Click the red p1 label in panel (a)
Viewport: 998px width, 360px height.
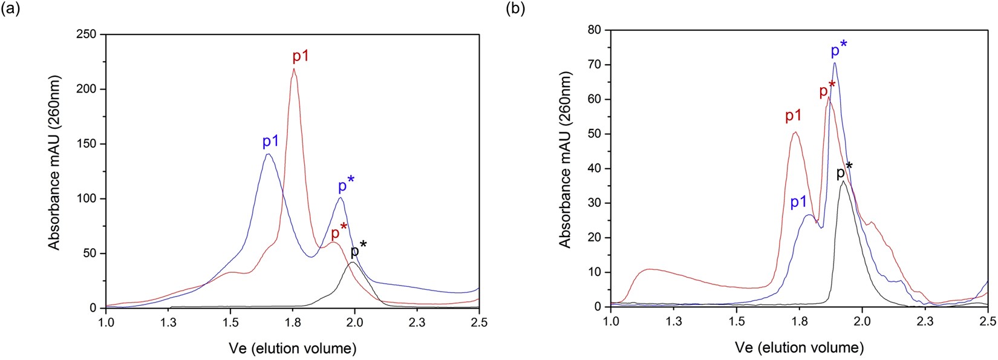tap(301, 57)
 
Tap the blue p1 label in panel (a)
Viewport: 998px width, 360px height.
tap(270, 142)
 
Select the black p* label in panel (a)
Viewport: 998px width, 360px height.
tap(358, 250)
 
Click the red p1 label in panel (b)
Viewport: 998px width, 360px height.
tap(793, 116)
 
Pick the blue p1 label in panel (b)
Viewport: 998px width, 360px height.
tap(798, 202)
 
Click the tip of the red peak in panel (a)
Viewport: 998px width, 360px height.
tap(294, 69)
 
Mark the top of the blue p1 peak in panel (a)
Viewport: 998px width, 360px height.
tap(268, 154)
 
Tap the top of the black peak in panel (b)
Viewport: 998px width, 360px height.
tap(843, 181)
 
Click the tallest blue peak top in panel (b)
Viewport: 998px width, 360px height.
tap(835, 63)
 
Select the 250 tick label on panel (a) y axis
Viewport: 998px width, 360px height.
tap(86, 34)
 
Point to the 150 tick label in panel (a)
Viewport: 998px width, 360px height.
tap(86, 144)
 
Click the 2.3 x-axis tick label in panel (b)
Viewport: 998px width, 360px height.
tap(925, 321)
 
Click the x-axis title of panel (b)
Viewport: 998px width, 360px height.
tap(799, 347)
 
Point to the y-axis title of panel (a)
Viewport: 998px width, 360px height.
tap(55, 163)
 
